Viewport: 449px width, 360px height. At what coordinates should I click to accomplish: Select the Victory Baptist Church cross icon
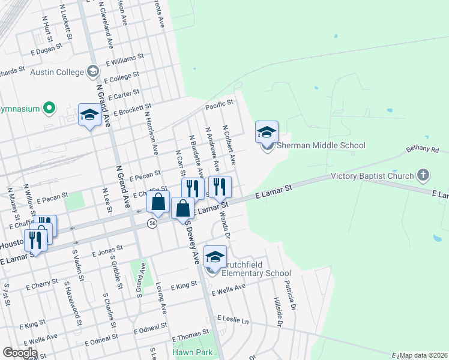pos(424,175)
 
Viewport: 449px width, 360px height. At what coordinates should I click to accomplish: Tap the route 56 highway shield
pos(152,223)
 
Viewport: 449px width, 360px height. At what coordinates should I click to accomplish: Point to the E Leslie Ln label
pos(233,319)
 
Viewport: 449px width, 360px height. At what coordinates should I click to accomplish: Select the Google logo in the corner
pos(20,353)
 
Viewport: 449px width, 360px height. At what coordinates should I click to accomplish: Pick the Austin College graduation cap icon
pos(92,72)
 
